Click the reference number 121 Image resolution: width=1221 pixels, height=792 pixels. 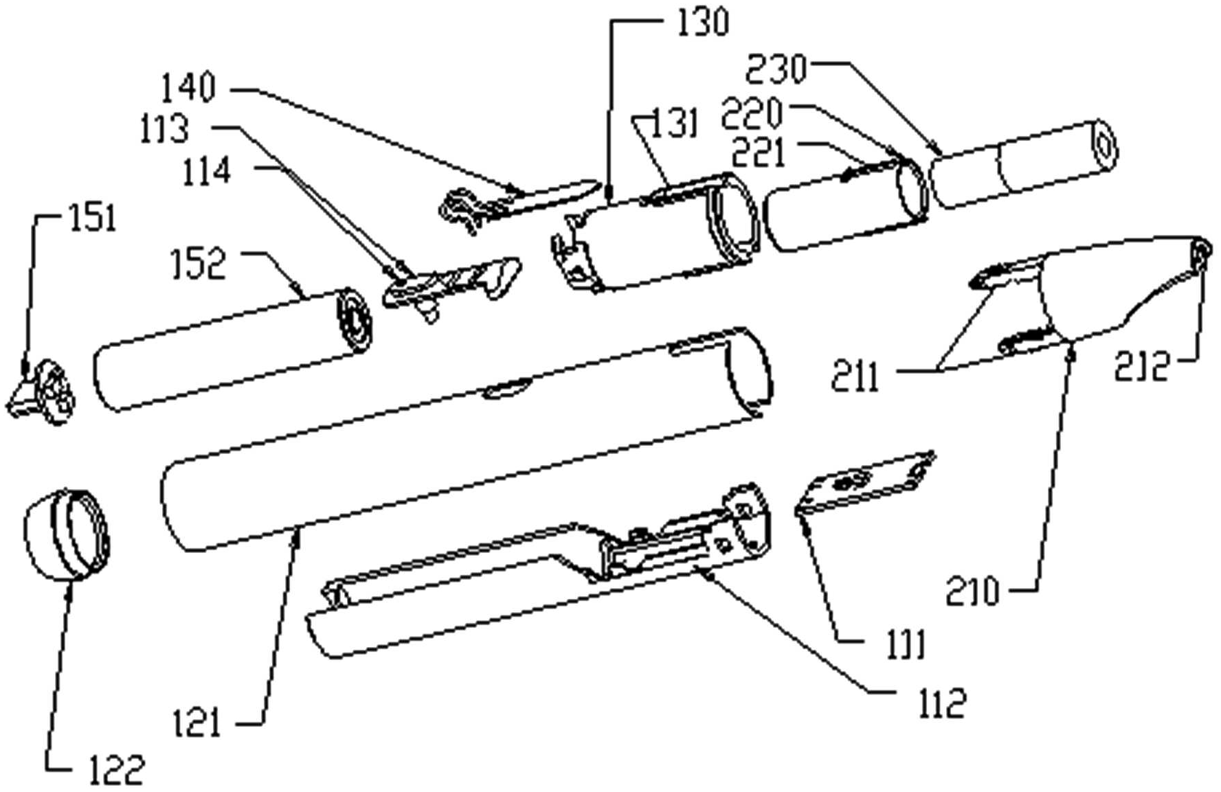pyautogui.click(x=197, y=723)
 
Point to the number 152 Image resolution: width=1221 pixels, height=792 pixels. pyautogui.click(x=199, y=264)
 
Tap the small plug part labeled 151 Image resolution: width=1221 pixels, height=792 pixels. pyautogui.click(x=45, y=395)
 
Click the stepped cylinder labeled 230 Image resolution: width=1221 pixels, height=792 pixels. pyautogui.click(x=1024, y=165)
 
